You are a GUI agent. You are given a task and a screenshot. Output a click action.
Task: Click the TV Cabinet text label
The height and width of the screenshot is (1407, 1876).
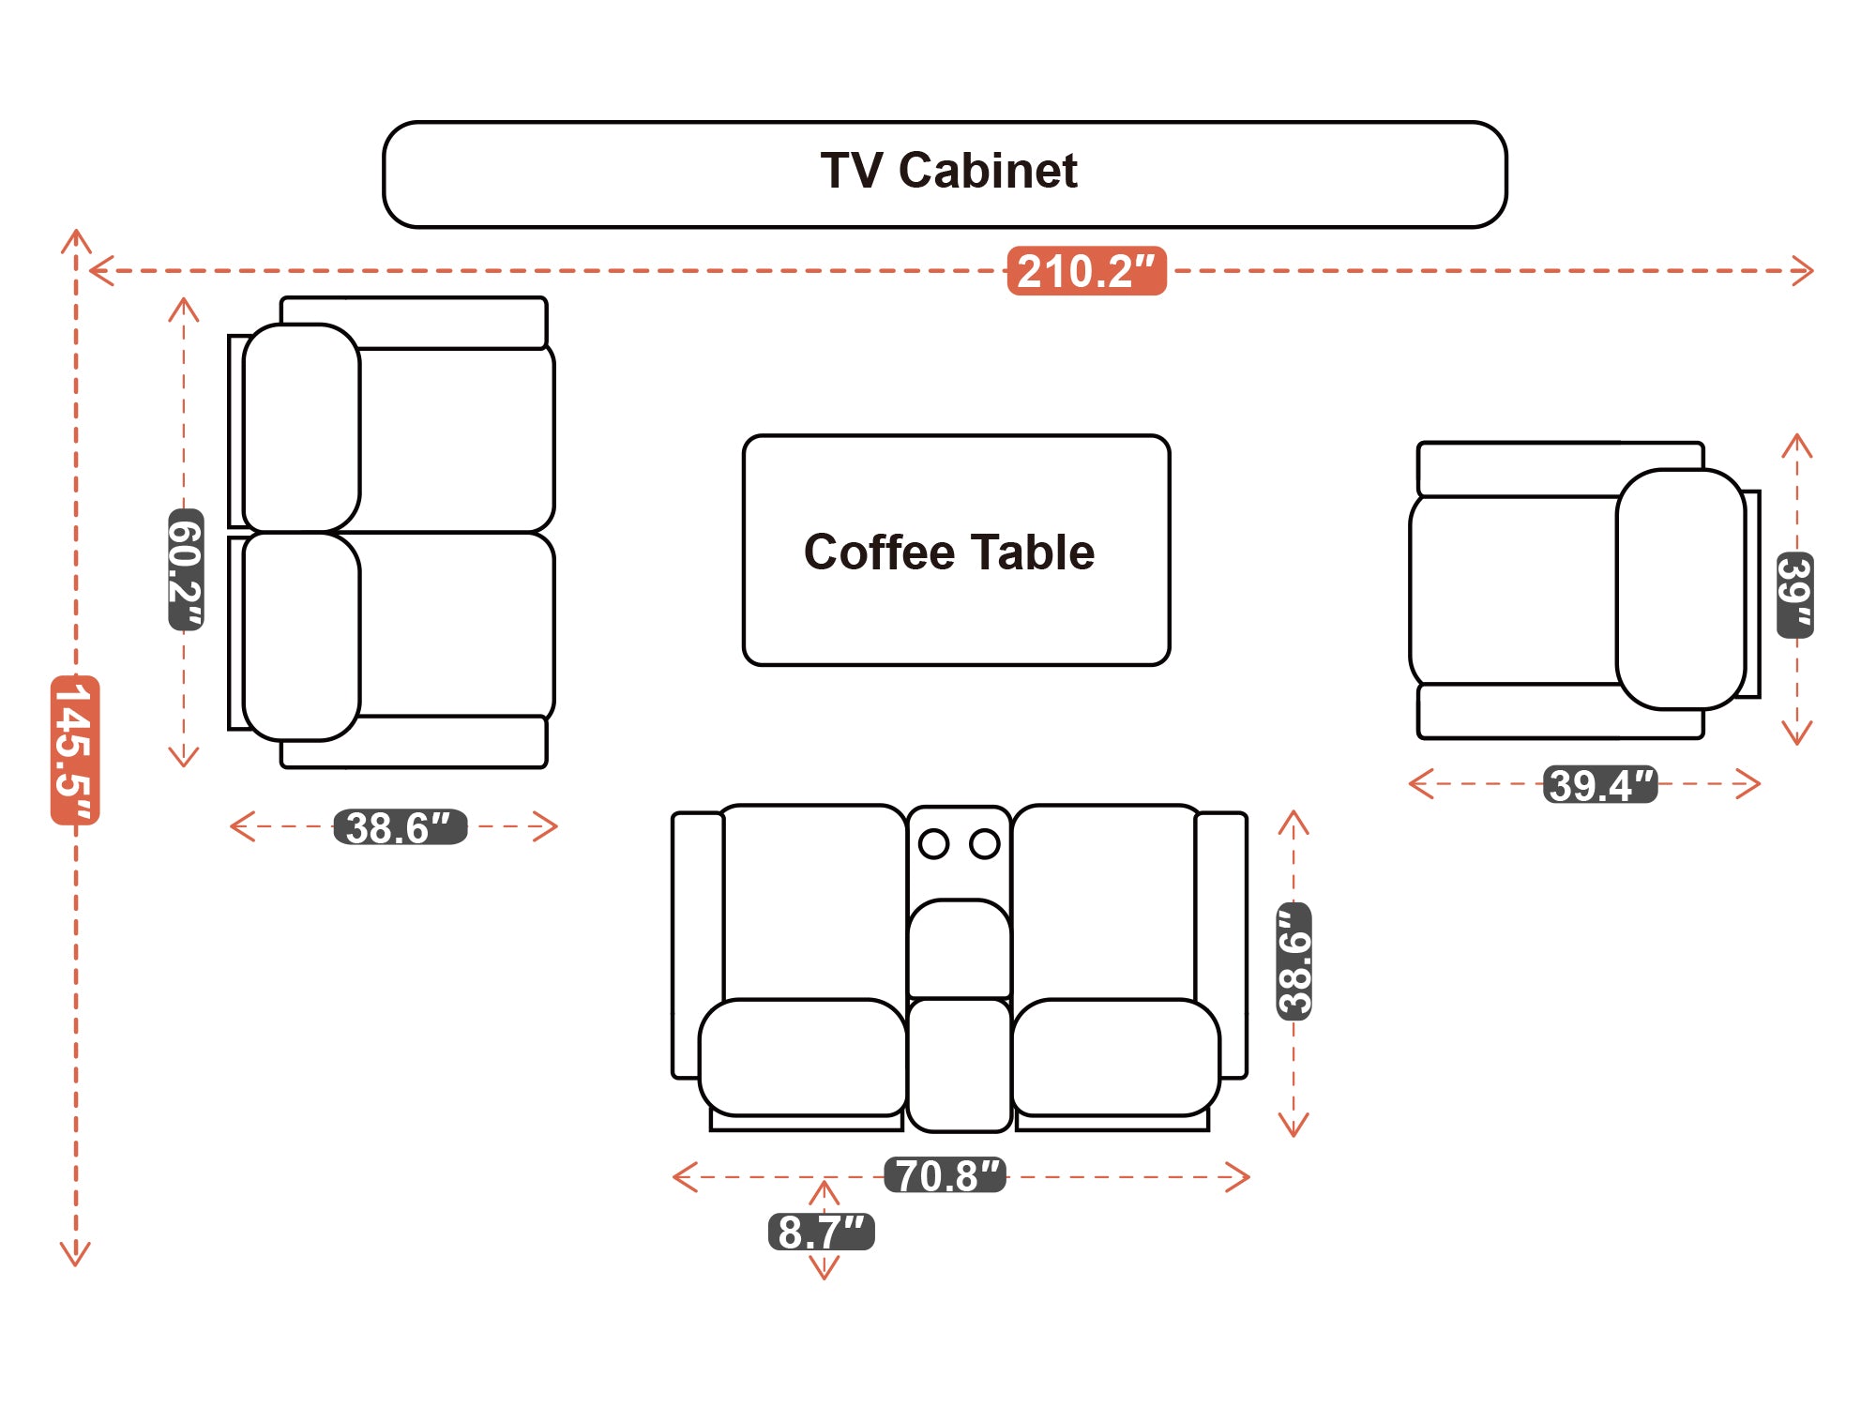pos(948,171)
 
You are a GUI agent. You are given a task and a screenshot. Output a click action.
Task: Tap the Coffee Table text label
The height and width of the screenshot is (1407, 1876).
pos(948,552)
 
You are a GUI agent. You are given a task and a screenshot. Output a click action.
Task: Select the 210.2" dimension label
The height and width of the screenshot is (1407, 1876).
pos(1086,271)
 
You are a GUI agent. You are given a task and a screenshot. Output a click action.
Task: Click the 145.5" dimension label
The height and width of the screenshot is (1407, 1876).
pos(75,749)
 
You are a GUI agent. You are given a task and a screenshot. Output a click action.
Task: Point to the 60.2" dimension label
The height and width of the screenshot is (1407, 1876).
pos(185,569)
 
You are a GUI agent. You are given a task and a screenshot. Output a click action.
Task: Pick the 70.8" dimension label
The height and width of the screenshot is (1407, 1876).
pos(946,1175)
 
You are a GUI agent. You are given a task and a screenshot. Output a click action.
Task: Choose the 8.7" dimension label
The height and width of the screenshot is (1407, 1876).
pos(821,1232)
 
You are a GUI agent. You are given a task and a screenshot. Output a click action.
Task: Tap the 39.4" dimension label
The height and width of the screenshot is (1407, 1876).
pos(1600,784)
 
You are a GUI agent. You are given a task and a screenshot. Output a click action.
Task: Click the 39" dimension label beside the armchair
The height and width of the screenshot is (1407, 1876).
pos(1795,595)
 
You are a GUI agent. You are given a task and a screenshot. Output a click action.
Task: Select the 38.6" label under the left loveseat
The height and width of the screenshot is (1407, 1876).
pos(401,827)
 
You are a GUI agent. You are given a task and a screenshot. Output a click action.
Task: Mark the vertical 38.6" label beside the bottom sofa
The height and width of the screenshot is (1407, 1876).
pos(1294,961)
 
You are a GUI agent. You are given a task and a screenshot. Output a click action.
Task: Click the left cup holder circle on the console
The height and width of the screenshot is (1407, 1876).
pos(933,843)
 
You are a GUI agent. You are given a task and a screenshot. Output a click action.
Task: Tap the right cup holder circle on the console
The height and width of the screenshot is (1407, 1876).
pos(984,843)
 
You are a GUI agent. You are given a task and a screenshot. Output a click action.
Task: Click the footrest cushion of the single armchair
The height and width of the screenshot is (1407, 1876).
pos(1680,588)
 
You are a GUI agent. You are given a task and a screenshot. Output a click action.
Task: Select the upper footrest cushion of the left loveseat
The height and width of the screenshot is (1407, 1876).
pos(301,428)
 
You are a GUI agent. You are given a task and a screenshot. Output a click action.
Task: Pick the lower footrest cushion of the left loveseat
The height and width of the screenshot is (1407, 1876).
pos(301,636)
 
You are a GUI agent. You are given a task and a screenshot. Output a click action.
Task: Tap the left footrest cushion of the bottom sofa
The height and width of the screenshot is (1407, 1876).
pos(802,1057)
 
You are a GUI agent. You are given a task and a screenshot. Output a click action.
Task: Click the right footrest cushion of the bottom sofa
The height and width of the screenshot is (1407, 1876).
pos(1116,1057)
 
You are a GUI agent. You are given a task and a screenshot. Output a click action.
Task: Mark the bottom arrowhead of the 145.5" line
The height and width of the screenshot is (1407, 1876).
pos(75,1256)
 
